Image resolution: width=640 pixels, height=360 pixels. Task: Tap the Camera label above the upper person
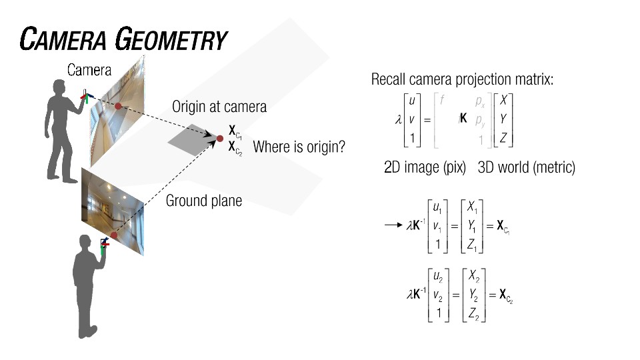tap(89, 69)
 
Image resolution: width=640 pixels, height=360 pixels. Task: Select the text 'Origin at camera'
tap(219, 107)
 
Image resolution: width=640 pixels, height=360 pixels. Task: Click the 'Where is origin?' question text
tap(299, 147)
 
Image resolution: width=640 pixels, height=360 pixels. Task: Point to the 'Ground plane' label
tap(204, 200)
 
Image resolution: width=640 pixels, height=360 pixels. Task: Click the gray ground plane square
tap(192, 139)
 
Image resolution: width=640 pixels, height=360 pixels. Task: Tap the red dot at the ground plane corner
tap(219, 139)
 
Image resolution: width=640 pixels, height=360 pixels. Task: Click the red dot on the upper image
tap(118, 106)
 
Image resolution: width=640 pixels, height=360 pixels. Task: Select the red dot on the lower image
tap(113, 235)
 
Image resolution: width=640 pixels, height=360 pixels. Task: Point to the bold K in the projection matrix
tap(463, 119)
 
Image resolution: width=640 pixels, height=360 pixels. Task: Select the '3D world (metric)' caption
tap(526, 168)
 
